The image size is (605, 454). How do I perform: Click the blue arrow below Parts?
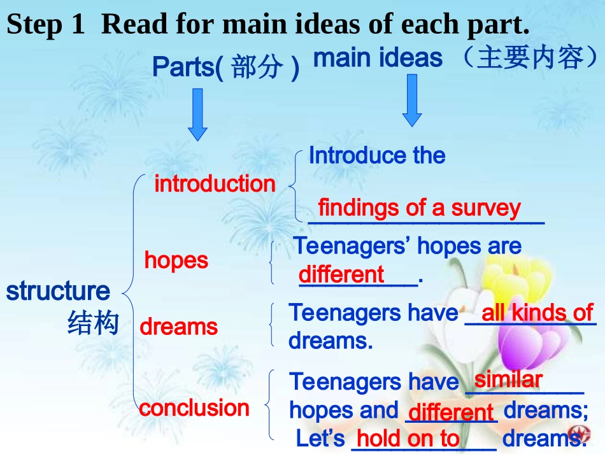[x=197, y=115]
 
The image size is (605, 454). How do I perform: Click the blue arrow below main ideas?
[x=412, y=101]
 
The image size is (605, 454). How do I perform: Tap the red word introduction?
[x=215, y=183]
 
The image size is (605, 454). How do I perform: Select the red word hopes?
[x=176, y=260]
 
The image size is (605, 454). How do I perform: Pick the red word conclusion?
[x=194, y=408]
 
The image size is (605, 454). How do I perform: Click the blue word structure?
[x=58, y=291]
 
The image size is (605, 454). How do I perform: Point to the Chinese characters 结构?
[x=93, y=322]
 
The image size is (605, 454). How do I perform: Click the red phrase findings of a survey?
[x=420, y=208]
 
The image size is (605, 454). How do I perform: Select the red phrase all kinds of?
[x=537, y=313]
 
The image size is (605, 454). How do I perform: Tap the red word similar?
[x=508, y=380]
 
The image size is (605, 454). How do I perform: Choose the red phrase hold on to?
[x=408, y=439]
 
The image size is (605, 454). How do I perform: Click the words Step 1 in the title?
[x=45, y=24]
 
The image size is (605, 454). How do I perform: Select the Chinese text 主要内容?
[x=530, y=58]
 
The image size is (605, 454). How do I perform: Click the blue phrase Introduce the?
[x=377, y=155]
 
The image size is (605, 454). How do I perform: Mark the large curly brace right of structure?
[x=129, y=293]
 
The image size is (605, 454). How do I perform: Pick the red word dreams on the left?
[x=179, y=327]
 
